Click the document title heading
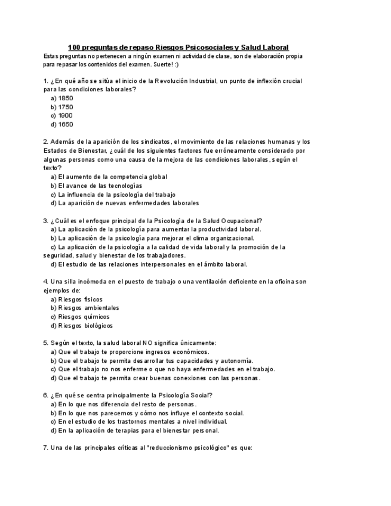click(178, 47)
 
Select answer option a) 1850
click(62, 98)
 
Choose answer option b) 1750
click(62, 107)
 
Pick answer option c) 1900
click(62, 116)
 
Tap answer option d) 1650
click(62, 125)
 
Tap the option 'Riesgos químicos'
click(80, 317)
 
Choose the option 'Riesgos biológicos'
click(81, 326)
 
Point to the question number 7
click(46, 448)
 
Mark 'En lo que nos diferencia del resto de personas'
click(124, 404)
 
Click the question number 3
click(46, 220)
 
